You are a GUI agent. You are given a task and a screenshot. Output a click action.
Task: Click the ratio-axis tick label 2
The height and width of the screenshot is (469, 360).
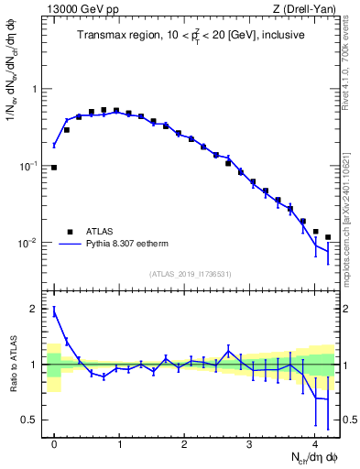click(x=35, y=309)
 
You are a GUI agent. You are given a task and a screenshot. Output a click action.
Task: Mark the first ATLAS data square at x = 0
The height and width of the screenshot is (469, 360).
click(x=54, y=168)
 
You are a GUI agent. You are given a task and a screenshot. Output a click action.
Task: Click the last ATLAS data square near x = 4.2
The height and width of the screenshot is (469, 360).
click(x=328, y=236)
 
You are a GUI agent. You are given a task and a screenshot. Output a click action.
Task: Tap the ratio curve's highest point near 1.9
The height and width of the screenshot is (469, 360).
click(x=54, y=312)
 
